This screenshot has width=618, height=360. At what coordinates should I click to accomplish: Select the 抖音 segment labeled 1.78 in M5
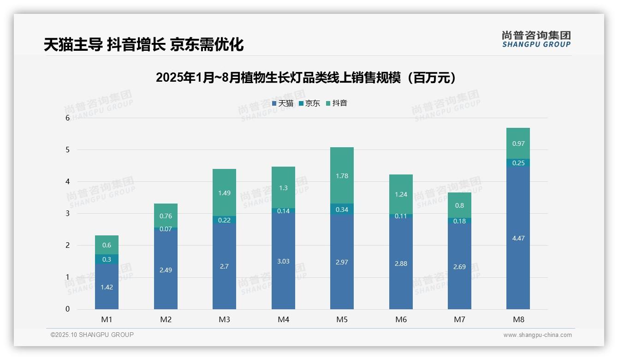tap(342, 176)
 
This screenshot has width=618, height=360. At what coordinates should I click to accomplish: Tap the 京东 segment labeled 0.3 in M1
tap(107, 259)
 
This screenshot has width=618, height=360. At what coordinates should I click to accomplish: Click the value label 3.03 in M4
tap(283, 261)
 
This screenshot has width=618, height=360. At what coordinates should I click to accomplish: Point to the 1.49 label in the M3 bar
tap(224, 193)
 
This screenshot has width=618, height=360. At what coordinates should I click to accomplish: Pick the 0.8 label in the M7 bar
tap(459, 205)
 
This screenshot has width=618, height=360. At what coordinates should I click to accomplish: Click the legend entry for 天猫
tap(283, 103)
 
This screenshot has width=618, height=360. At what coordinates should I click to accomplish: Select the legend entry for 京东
tap(309, 103)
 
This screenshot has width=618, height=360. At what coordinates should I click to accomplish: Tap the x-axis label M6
tap(401, 319)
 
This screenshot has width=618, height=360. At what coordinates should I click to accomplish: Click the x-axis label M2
tap(166, 319)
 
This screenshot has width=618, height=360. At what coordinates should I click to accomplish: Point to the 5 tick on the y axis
tap(67, 150)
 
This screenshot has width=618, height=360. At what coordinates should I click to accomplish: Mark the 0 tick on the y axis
tap(67, 309)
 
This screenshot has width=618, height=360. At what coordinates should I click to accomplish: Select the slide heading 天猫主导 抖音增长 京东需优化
tap(143, 44)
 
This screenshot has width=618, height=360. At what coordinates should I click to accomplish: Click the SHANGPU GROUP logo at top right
tap(536, 39)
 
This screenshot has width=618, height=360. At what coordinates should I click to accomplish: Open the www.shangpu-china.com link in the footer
tap(537, 335)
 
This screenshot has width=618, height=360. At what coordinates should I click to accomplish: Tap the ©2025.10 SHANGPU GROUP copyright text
tap(92, 335)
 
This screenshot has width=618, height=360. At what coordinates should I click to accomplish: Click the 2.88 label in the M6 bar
tap(401, 264)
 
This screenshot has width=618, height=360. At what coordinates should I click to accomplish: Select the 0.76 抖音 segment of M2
tap(166, 216)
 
